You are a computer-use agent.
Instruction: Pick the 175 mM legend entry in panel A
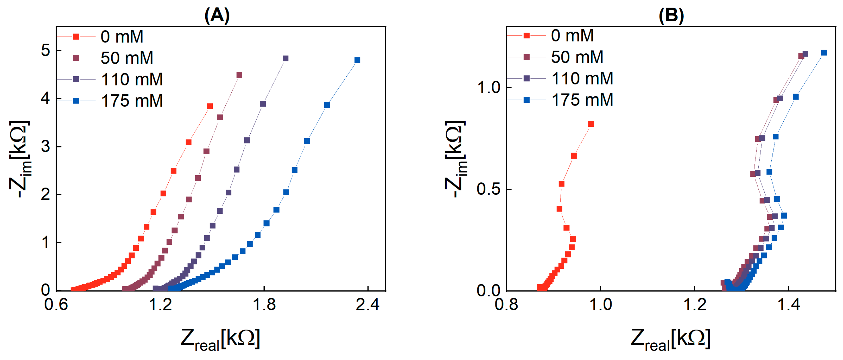(x=131, y=101)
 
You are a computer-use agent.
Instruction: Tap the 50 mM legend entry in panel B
(x=577, y=57)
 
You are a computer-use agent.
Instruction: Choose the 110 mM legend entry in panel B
(x=582, y=79)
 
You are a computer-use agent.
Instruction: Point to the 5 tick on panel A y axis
(x=46, y=51)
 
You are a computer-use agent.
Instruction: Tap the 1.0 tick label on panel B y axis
(x=489, y=88)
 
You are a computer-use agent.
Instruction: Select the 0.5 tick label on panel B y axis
(x=489, y=189)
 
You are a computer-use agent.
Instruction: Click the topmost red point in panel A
(x=210, y=106)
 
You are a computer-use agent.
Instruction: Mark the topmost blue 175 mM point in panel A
(x=357, y=60)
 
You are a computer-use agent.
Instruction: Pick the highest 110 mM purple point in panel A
(x=285, y=59)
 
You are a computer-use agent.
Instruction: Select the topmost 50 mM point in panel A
(x=239, y=75)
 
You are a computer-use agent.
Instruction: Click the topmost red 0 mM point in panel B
(x=591, y=124)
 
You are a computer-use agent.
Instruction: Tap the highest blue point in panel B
(x=824, y=53)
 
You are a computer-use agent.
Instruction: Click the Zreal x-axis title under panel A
(x=220, y=339)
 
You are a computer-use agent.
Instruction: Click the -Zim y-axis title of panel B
(x=456, y=159)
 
